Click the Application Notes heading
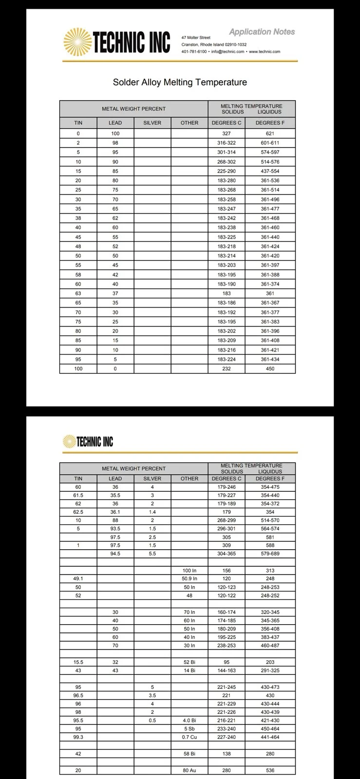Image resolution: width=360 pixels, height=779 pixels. (x=262, y=32)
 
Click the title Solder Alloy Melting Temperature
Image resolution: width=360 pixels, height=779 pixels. (x=180, y=82)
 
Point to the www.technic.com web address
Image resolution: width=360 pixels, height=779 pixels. (x=265, y=52)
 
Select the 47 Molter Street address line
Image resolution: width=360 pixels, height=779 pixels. (x=196, y=37)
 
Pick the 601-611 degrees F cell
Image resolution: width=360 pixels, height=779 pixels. (x=270, y=143)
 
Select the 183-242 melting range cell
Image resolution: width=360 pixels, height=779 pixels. (x=226, y=218)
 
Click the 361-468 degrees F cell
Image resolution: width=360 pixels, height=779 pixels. (x=270, y=218)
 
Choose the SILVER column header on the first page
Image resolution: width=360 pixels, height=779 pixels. (x=152, y=123)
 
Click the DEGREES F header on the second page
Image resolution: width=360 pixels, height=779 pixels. (x=270, y=479)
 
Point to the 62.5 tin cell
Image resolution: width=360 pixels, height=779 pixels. (x=78, y=512)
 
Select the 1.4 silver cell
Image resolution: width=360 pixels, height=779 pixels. (x=152, y=512)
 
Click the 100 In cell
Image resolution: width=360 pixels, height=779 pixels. (x=189, y=570)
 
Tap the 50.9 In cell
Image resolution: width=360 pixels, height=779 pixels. (x=189, y=579)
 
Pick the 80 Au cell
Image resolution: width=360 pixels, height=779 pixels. (x=189, y=770)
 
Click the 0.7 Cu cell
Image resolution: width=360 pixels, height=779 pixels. (x=189, y=737)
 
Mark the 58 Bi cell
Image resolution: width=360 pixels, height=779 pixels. (x=189, y=754)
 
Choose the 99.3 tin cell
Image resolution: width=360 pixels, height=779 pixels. (x=78, y=737)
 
